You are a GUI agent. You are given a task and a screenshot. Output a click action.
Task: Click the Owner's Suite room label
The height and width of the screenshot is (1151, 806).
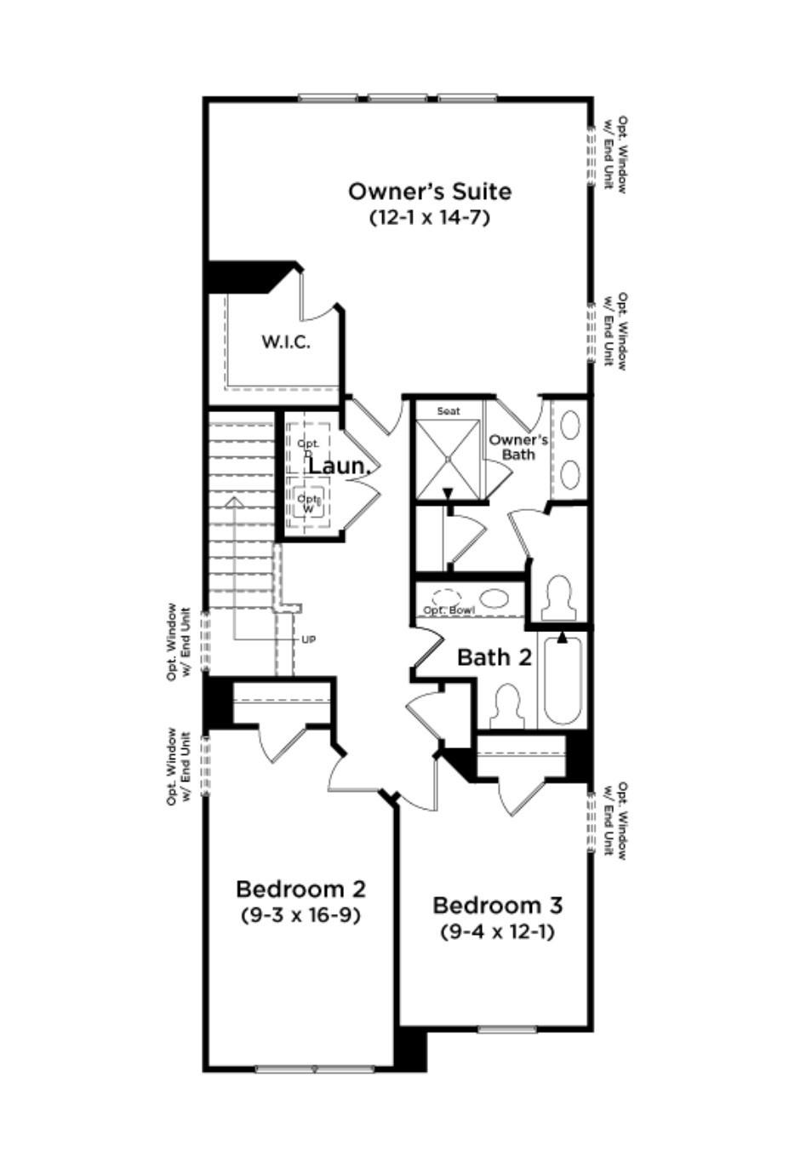point(430,191)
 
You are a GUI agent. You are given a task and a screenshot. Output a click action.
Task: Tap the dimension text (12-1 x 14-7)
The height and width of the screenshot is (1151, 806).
point(430,217)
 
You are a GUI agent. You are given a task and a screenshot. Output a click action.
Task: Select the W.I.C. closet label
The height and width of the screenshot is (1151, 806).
point(285,342)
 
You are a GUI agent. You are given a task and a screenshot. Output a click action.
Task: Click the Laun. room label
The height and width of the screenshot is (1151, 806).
point(338,467)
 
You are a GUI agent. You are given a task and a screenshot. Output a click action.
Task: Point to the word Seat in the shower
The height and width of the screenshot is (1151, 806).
point(449,411)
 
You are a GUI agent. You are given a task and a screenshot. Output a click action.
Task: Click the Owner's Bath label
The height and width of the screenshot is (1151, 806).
point(517,447)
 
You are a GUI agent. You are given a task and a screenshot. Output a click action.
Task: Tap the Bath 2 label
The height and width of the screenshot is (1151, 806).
point(494,657)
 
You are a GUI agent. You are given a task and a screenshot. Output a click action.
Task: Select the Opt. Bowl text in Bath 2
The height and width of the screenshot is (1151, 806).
point(449,610)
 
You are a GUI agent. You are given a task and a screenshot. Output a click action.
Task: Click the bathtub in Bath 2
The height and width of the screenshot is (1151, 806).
point(562,679)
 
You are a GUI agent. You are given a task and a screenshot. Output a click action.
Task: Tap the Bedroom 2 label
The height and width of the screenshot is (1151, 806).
point(300,890)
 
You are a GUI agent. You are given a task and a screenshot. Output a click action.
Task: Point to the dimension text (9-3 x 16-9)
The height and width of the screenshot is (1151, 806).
point(300,915)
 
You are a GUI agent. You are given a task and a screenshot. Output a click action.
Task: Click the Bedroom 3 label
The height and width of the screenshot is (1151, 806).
point(497,905)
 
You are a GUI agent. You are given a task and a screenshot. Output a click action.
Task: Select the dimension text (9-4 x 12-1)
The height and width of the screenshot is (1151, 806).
point(497,931)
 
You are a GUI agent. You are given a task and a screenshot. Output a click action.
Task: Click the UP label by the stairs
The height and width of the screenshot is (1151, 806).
point(308,639)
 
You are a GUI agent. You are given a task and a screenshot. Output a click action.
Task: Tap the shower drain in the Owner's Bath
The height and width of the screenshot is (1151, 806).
point(449,458)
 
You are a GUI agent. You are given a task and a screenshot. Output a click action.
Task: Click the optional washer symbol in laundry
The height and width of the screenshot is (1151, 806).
point(308,501)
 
